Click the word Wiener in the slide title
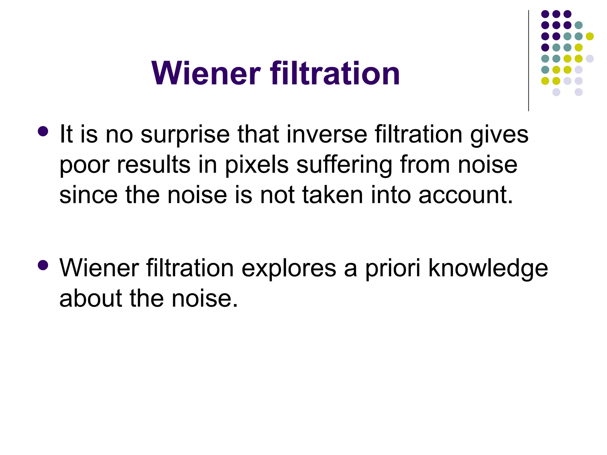point(206,73)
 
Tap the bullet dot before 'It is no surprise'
point(43,131)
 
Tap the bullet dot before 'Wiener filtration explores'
point(43,265)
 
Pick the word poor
point(84,165)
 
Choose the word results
point(154,165)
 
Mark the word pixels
point(257,165)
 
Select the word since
point(89,195)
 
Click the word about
point(91,299)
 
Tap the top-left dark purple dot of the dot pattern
point(545,14)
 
